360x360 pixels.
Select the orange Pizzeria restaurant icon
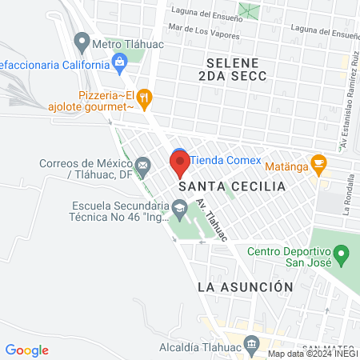(144, 98)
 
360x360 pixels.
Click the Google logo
(26, 350)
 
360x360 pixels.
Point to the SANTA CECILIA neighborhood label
(232, 186)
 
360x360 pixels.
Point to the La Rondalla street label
(347, 196)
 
